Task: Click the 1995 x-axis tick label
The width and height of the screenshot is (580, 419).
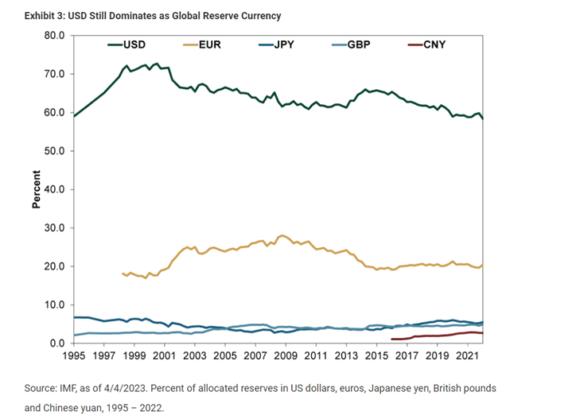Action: pos(75,356)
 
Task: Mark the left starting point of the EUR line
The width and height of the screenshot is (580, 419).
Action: pos(123,274)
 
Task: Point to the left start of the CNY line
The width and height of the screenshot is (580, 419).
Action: pos(391,339)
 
